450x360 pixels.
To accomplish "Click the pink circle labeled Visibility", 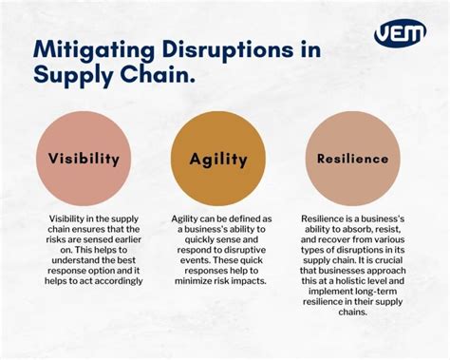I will (84, 159).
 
